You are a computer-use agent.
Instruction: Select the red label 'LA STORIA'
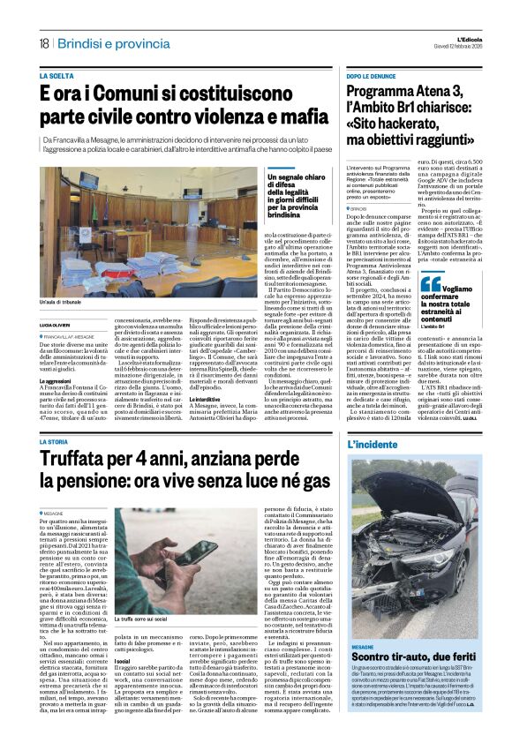pos(55,442)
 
